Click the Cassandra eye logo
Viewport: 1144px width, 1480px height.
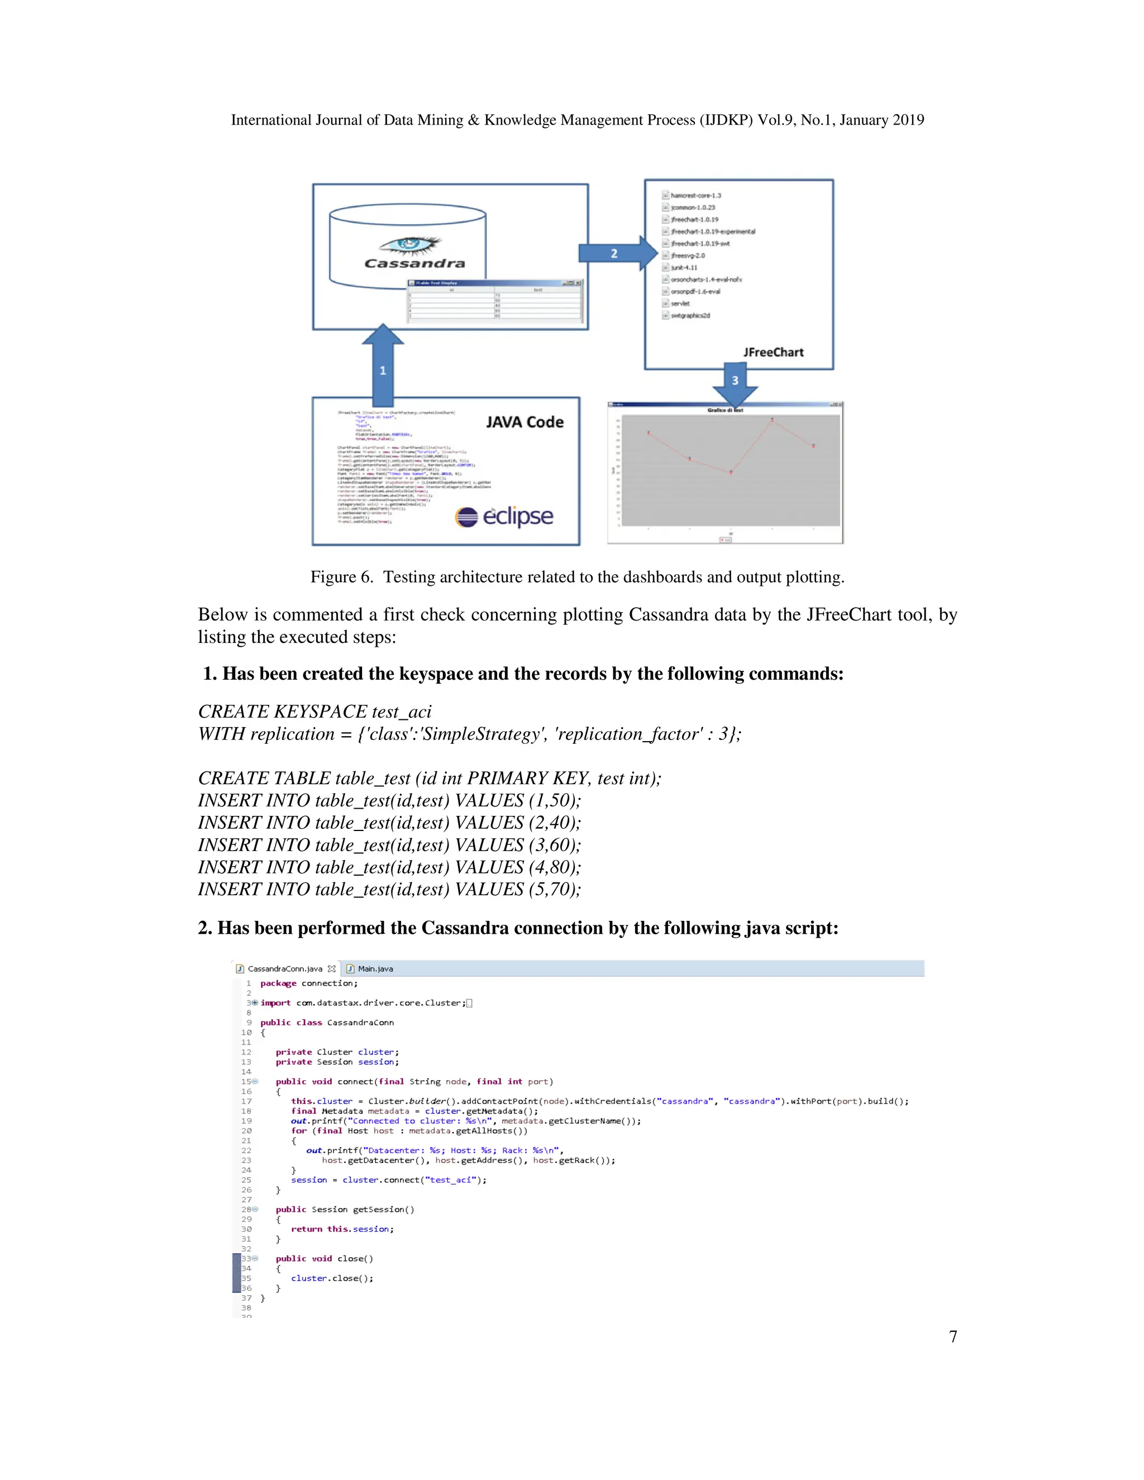(x=409, y=244)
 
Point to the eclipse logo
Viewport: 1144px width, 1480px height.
(x=504, y=517)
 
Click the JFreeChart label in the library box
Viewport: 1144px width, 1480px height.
(x=773, y=352)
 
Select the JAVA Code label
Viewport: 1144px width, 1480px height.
(x=525, y=422)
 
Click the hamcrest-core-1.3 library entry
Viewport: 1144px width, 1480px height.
(x=695, y=195)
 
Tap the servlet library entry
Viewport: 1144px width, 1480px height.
(x=680, y=304)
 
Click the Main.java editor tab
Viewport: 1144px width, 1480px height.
(x=375, y=968)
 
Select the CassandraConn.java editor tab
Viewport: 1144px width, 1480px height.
(x=285, y=968)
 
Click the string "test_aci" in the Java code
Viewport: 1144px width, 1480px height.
(x=449, y=1180)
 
